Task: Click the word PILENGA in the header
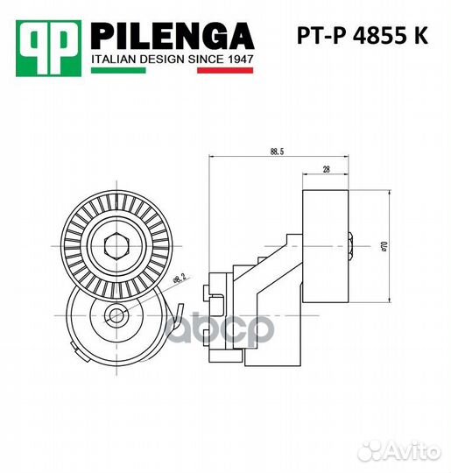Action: click(173, 36)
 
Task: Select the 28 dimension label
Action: click(326, 170)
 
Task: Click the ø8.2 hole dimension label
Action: click(178, 281)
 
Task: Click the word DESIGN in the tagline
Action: click(163, 59)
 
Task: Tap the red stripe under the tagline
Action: click(225, 69)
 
